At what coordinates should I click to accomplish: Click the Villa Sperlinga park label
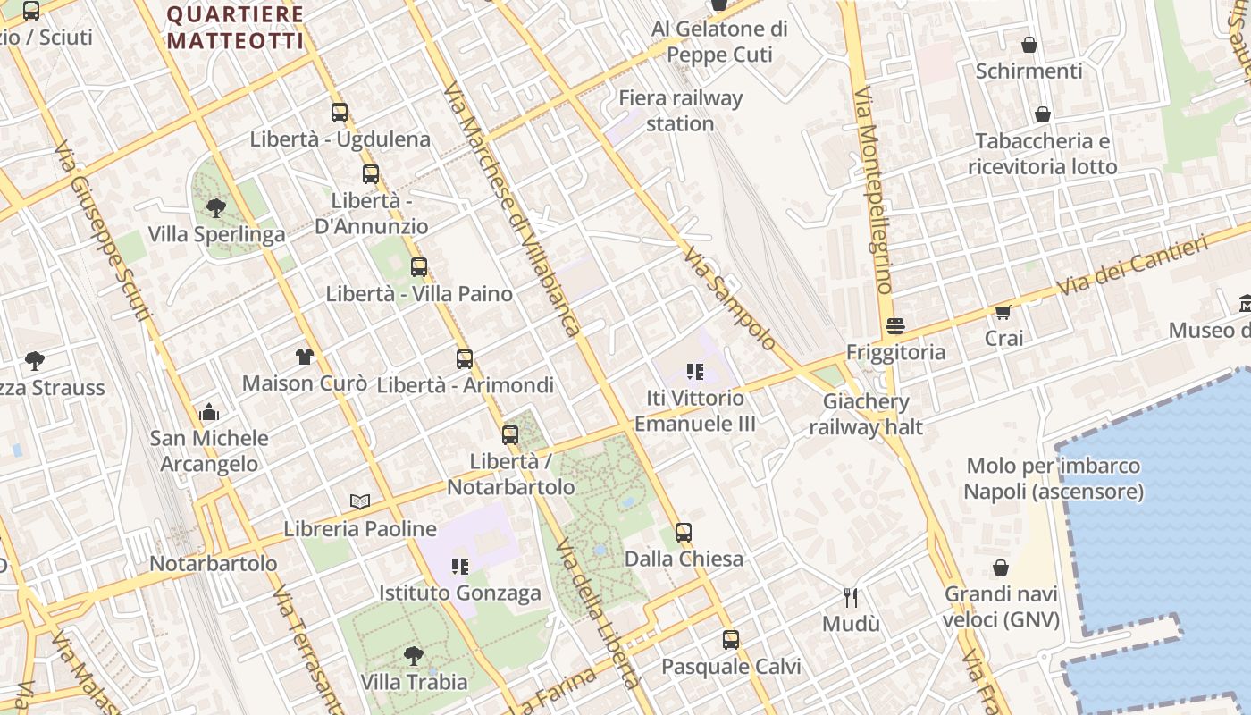click(x=216, y=234)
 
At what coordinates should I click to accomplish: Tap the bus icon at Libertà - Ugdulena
click(x=340, y=113)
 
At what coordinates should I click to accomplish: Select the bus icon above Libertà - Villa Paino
click(x=418, y=266)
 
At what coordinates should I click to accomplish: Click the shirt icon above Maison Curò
click(x=305, y=357)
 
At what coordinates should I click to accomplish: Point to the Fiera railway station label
click(x=680, y=111)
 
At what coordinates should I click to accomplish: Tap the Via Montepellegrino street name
click(x=873, y=189)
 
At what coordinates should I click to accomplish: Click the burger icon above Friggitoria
click(x=895, y=326)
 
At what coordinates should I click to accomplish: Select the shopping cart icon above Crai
click(x=1003, y=312)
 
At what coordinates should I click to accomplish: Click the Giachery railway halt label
click(x=866, y=414)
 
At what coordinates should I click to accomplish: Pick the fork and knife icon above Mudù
click(x=851, y=597)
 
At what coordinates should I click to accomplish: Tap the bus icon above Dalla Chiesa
click(x=684, y=533)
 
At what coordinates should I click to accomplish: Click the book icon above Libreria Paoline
click(x=360, y=502)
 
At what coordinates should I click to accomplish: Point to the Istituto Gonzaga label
click(x=460, y=593)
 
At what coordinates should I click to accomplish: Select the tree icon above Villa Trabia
click(x=413, y=656)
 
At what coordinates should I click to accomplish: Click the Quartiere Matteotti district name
click(x=236, y=28)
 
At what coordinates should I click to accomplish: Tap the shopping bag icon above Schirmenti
click(x=1029, y=45)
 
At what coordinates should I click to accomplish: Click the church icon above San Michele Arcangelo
click(x=209, y=412)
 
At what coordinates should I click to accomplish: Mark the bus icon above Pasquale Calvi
click(x=731, y=640)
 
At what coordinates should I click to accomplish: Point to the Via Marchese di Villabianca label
click(x=512, y=209)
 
